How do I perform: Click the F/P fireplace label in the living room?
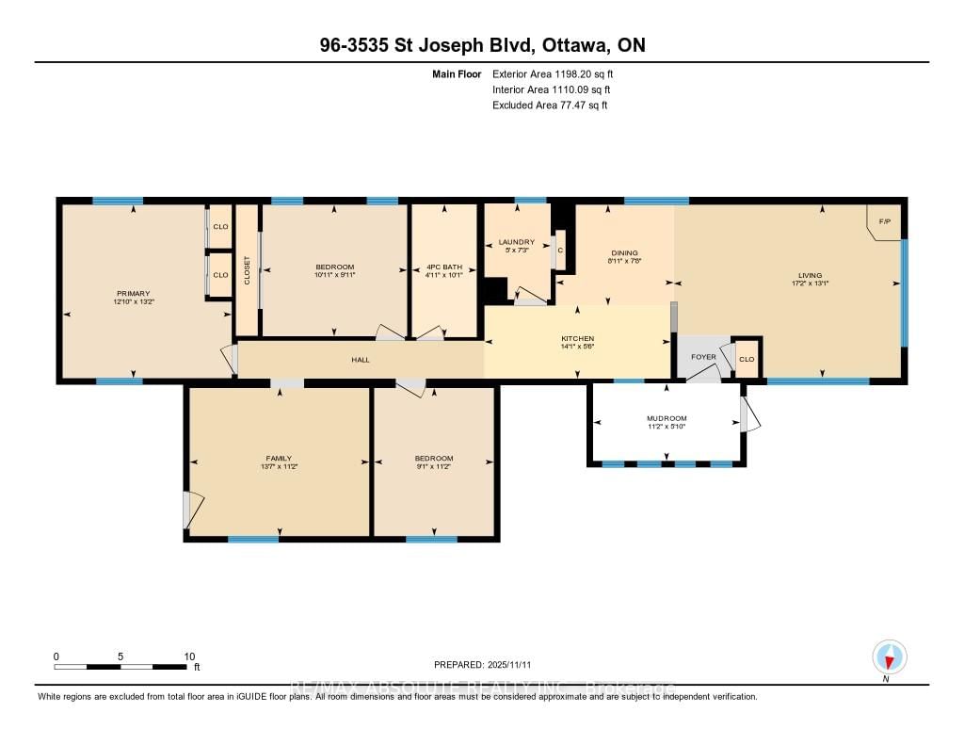884,222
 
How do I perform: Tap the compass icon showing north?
889,656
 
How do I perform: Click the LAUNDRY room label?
516,242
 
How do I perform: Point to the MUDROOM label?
667,418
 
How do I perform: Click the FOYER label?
703,357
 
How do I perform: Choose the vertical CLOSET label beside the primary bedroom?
248,270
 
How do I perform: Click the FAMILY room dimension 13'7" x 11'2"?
279,466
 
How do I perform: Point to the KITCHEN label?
577,338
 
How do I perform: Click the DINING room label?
624,252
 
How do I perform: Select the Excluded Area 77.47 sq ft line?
550,105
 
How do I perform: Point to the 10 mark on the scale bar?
189,656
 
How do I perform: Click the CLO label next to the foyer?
747,358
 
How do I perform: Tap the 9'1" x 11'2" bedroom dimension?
434,466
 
